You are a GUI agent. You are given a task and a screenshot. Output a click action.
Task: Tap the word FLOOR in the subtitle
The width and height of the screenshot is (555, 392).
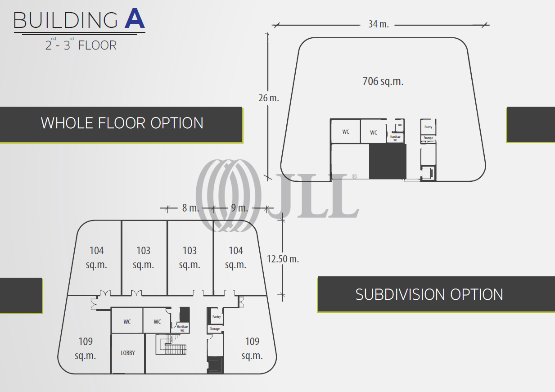pos(97,45)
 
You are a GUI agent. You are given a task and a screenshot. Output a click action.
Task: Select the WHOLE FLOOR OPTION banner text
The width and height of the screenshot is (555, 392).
pos(122,123)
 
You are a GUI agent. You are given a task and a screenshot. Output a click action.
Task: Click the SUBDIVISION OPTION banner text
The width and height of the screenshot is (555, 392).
pos(429,294)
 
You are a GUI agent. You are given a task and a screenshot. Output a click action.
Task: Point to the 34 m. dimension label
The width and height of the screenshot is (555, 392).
pos(379,24)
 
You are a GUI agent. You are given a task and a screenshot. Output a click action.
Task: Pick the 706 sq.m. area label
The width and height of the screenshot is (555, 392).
pos(383,81)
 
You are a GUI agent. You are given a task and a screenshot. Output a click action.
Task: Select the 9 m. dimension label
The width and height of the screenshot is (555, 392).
pos(239,208)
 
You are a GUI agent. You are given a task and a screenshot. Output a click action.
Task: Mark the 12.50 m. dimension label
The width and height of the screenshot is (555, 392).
pos(283,259)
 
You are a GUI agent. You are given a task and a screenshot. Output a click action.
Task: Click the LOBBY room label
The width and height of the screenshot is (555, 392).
pos(128,353)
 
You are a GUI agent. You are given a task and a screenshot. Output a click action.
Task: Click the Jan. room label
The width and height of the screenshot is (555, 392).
pos(400,125)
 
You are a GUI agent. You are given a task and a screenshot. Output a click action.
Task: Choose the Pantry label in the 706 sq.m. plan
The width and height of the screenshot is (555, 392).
pos(428,127)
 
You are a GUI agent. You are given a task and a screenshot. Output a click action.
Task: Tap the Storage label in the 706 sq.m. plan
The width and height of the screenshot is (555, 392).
pos(428,138)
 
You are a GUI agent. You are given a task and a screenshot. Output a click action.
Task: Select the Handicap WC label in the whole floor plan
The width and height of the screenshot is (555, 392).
pos(395,138)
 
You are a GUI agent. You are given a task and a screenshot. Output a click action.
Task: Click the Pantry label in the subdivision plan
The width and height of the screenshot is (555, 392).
pos(217,317)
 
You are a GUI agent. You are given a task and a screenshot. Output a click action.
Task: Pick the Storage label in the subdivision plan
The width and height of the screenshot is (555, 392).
pos(215,329)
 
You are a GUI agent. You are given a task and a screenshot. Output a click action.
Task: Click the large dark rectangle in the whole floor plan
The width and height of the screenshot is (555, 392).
pos(388,162)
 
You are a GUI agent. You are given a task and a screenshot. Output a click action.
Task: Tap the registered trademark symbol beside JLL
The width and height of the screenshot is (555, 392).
pos(354,176)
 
